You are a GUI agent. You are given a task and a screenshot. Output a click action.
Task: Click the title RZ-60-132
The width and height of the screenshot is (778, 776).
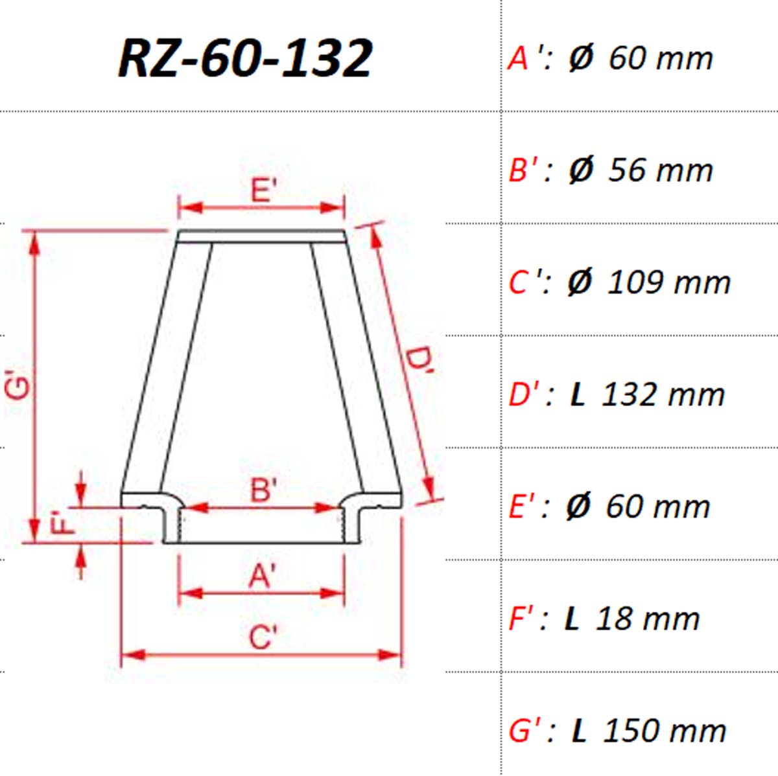[245, 58]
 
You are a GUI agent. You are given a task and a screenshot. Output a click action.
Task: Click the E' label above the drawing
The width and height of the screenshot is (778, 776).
[264, 190]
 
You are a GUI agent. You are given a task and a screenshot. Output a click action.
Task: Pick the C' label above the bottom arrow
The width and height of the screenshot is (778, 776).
[263, 637]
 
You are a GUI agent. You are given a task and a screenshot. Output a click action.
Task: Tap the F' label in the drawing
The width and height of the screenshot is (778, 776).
[64, 523]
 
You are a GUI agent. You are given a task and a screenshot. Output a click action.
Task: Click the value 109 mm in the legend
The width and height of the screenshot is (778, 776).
[668, 282]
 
